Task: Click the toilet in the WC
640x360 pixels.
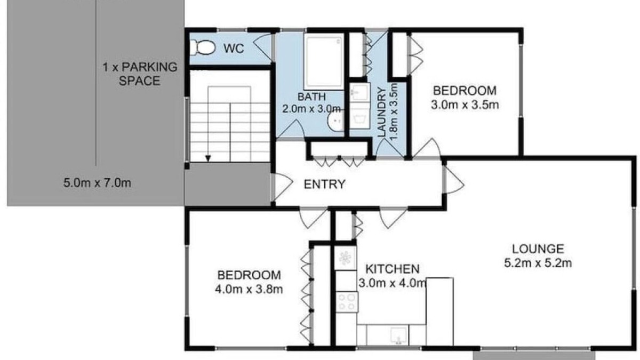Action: point(203,47)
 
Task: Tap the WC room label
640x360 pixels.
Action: point(234,49)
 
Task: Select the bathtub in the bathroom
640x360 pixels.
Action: point(324,61)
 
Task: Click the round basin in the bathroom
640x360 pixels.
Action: point(335,121)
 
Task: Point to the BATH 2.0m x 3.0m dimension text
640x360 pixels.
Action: point(311,103)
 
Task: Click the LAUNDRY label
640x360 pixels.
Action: point(382,113)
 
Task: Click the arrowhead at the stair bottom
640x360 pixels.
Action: point(208,158)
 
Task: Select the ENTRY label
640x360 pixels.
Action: point(324,185)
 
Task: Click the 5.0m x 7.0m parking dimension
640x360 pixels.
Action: point(97,183)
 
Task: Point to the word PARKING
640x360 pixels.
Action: point(149,67)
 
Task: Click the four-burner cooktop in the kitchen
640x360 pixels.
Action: point(347,302)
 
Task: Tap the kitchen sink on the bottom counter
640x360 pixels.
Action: point(399,335)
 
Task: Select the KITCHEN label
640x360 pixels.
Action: point(393,269)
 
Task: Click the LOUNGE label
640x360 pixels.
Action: point(538,249)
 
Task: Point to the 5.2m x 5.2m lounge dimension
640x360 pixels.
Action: point(538,263)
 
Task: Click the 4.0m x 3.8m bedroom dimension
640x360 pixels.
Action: point(249,289)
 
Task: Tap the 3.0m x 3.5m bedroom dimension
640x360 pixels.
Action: point(465,105)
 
